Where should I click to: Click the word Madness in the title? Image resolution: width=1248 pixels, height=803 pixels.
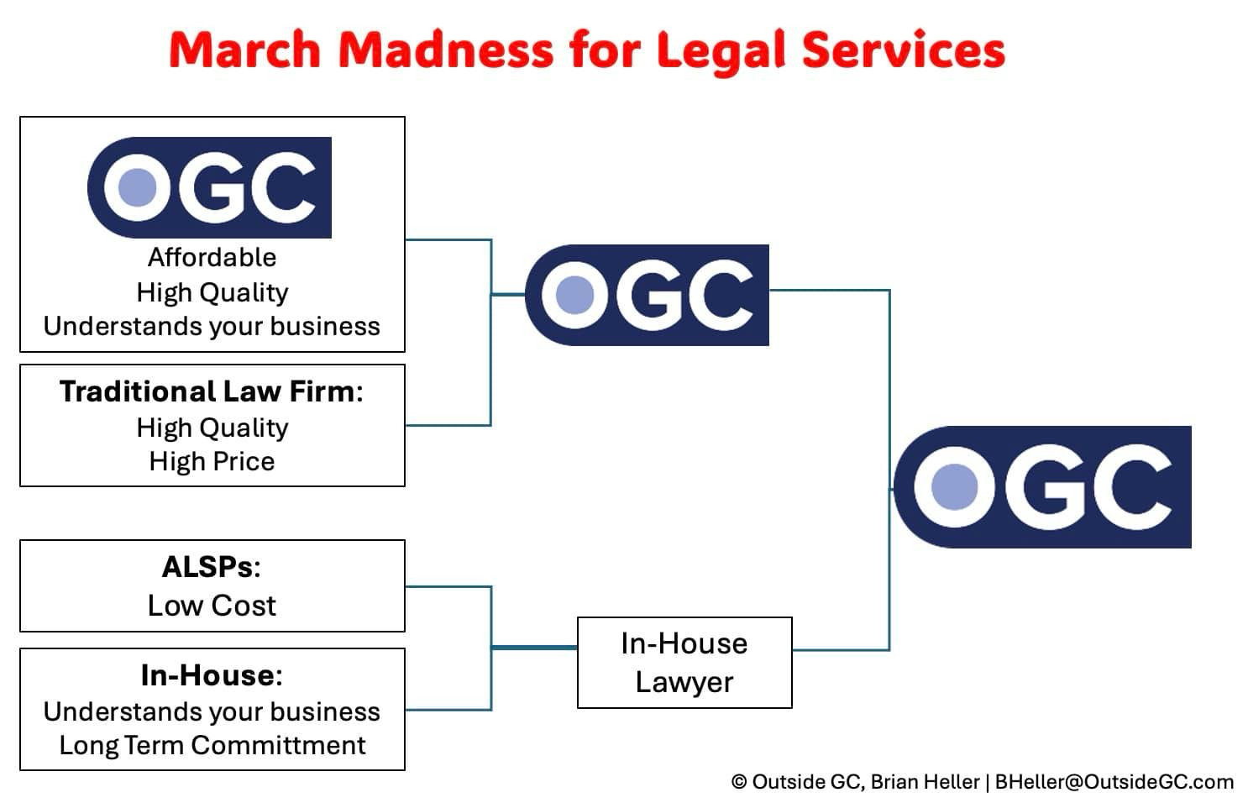[x=445, y=50]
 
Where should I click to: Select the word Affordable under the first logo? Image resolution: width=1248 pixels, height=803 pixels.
[x=212, y=258]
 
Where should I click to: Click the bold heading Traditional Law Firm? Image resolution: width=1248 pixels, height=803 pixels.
[x=211, y=391]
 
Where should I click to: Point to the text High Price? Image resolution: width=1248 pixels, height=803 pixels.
[x=212, y=461]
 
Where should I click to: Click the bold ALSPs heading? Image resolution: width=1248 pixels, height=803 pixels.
[x=211, y=567]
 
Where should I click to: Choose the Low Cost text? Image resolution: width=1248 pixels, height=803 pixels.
[x=212, y=606]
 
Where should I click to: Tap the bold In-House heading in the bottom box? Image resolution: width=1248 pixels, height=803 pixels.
[x=212, y=675]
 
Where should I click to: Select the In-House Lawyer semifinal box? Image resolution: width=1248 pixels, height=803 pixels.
[x=684, y=663]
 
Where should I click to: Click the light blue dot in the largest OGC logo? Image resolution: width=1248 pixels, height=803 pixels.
[x=954, y=487]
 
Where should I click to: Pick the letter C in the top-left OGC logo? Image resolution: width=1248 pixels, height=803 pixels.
[x=282, y=188]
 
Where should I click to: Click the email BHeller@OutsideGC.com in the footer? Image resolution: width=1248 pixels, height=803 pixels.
[x=1114, y=782]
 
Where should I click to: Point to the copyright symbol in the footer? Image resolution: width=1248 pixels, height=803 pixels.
[x=739, y=782]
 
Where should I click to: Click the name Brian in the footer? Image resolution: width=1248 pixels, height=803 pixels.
[x=898, y=782]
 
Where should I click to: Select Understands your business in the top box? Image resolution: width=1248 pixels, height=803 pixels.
[x=212, y=327]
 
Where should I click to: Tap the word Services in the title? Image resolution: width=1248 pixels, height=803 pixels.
[x=904, y=50]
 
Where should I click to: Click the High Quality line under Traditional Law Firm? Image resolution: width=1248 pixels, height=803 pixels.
[x=212, y=428]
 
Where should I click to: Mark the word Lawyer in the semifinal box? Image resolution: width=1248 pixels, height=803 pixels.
[x=684, y=683]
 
